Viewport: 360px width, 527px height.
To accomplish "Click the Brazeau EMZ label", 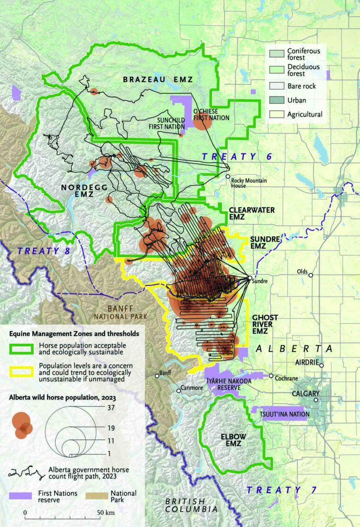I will click(x=157, y=80).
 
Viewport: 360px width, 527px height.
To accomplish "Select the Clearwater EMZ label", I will click(x=252, y=214).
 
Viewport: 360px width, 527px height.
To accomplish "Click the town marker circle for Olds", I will click(x=310, y=275).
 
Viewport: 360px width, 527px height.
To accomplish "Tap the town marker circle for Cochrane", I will click(x=271, y=376).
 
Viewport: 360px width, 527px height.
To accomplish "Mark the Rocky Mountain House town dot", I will click(x=228, y=177).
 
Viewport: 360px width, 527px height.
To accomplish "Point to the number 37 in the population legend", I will click(x=111, y=408).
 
